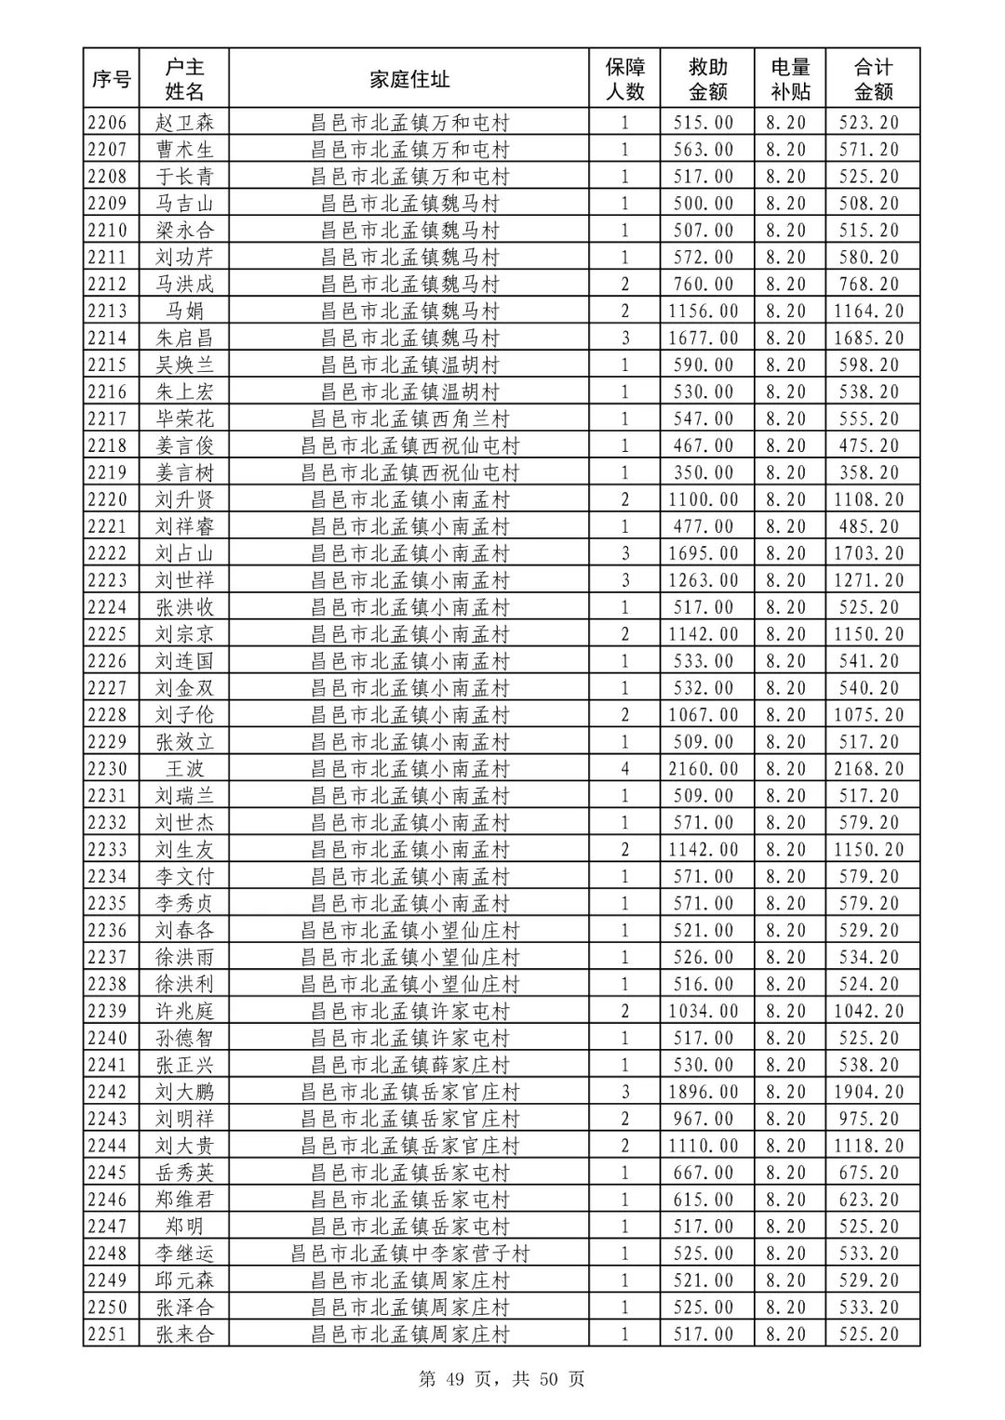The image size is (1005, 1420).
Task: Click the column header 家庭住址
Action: (x=409, y=79)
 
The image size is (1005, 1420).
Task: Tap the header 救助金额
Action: (x=707, y=79)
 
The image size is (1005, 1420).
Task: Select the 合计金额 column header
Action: (x=873, y=79)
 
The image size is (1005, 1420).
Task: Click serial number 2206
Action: (x=111, y=122)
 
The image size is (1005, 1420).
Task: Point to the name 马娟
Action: (x=184, y=311)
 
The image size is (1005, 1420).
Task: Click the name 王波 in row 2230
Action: (x=184, y=769)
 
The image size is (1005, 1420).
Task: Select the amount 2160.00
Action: (x=703, y=769)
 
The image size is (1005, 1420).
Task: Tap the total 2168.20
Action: (x=869, y=769)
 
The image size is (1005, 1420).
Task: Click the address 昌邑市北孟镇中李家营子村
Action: (x=409, y=1254)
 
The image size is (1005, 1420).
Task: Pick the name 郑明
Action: (x=184, y=1227)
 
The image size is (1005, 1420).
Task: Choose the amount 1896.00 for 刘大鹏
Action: (x=703, y=1092)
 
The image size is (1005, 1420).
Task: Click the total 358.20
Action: (x=869, y=472)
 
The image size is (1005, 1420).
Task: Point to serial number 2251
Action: (x=111, y=1334)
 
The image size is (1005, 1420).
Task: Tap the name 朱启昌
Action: (x=184, y=338)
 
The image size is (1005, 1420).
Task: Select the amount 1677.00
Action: (x=703, y=338)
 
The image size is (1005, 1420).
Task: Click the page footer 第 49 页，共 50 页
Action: (x=502, y=1379)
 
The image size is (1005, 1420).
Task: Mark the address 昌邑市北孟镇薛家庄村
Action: (x=409, y=1065)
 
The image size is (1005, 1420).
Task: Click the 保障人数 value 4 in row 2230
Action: (x=625, y=769)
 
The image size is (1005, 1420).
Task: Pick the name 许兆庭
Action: (x=184, y=1011)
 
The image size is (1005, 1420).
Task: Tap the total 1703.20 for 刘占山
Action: (x=869, y=553)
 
